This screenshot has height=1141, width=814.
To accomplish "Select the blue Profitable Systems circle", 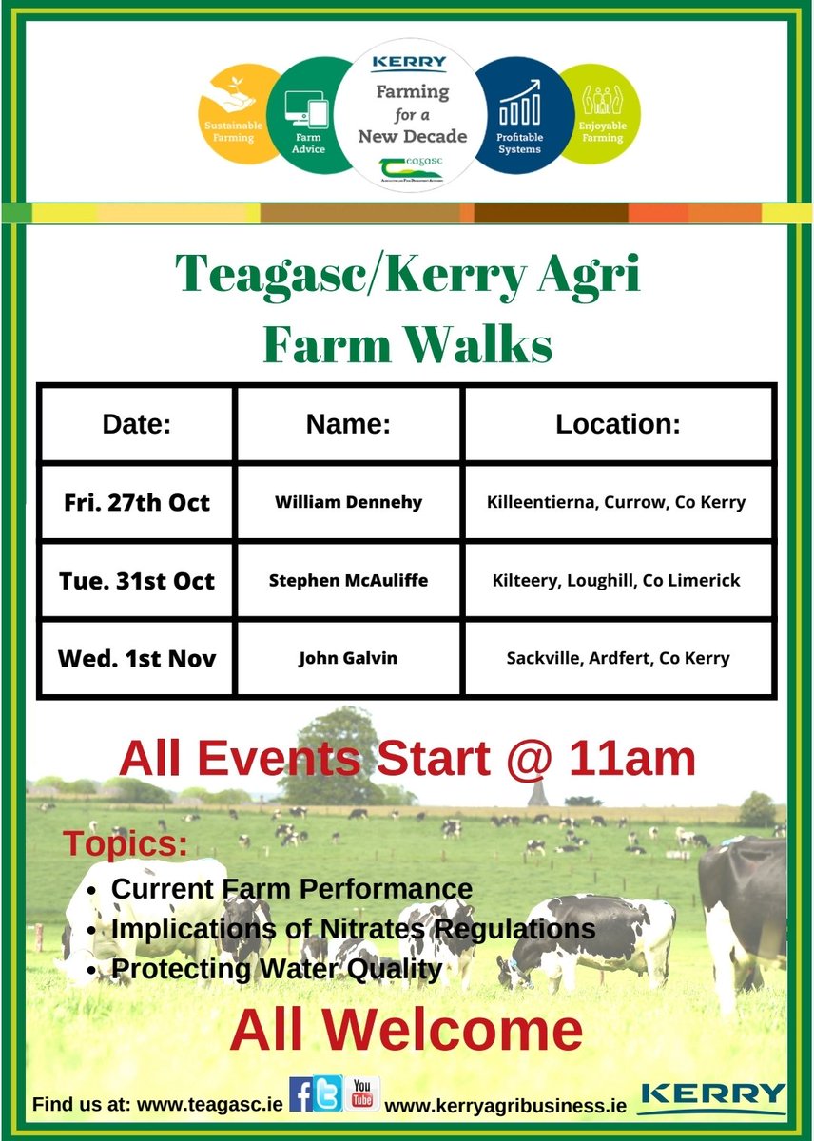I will coord(519,117).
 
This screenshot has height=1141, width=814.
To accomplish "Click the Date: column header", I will coord(136,424).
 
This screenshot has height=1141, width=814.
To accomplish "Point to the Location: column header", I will coord(618,424).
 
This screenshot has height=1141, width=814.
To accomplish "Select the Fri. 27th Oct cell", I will coord(136,502).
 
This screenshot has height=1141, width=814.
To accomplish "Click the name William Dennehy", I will coord(349,502).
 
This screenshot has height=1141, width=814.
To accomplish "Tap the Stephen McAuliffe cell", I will coord(349,580).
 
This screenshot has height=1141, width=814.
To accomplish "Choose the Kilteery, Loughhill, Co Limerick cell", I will coord(618,580).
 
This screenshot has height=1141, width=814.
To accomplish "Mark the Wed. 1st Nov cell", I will coord(136,658).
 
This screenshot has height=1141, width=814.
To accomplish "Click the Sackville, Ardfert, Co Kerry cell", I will coord(618,658).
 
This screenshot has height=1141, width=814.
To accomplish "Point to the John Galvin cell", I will coord(349,658).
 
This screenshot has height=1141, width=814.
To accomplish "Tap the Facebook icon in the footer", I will coord(301,1094).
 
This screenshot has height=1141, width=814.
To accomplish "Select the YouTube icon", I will coord(362,1093).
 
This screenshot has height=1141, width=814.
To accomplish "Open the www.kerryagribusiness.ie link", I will coord(506,1106).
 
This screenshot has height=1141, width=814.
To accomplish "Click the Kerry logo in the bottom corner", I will coord(713,1097).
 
